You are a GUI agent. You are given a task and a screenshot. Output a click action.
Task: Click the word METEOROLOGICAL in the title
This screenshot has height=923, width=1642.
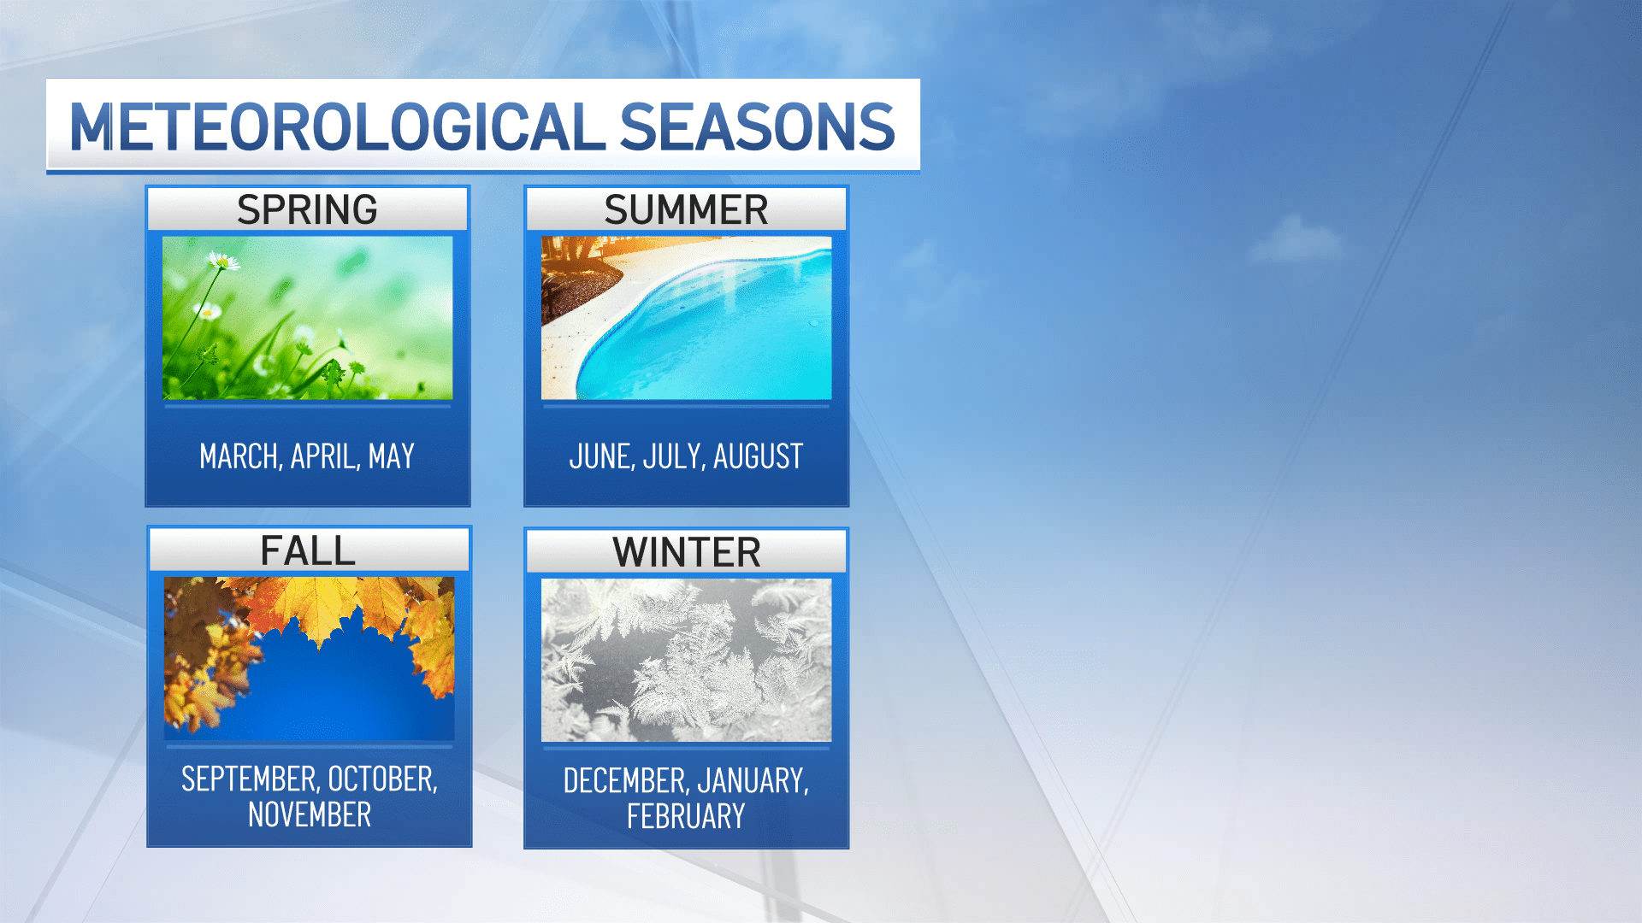[337, 127]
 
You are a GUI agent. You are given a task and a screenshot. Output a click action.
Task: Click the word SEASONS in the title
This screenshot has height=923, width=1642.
[756, 127]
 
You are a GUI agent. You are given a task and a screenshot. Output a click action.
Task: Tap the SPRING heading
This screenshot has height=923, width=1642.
[307, 209]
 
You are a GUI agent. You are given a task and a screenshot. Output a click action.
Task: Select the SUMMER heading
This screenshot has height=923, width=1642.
[686, 209]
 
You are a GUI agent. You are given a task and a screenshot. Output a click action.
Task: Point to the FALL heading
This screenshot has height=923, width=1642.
[308, 550]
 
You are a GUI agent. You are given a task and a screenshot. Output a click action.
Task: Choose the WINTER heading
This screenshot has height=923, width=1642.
[686, 552]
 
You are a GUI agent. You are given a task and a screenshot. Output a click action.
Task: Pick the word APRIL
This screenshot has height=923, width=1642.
[324, 456]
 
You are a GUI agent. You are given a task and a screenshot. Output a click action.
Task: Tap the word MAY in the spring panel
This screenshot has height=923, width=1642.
[392, 456]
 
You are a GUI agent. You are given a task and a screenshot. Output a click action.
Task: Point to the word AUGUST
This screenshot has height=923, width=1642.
[759, 456]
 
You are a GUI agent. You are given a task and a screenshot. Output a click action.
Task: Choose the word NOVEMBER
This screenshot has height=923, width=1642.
[310, 815]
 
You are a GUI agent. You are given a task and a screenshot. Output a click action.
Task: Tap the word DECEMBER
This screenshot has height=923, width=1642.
[625, 781]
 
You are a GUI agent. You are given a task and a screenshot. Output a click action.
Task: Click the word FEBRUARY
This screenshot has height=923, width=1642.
[686, 817]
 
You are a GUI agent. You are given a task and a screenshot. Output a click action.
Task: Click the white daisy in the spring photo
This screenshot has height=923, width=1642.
[223, 261]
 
